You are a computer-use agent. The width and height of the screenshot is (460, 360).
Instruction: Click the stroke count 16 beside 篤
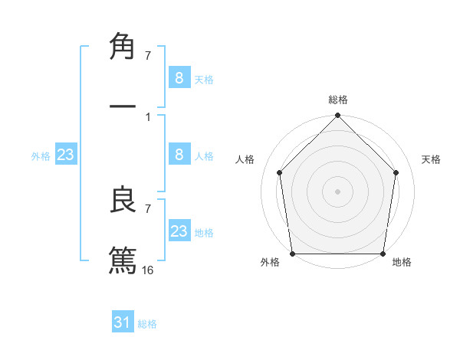(148, 270)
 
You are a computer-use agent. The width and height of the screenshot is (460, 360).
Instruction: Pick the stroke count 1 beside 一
(148, 116)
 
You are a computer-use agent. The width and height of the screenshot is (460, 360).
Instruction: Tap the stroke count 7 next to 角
(148, 55)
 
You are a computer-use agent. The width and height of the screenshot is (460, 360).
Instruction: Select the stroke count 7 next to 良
(148, 208)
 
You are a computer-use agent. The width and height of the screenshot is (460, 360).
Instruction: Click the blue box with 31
(123, 322)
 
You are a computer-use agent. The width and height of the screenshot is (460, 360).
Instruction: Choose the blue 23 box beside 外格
(66, 155)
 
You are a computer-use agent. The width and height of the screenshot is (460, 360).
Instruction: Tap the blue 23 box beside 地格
(179, 231)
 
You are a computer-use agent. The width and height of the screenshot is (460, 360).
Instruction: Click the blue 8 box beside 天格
(179, 78)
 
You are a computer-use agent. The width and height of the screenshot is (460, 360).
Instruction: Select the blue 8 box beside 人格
(179, 155)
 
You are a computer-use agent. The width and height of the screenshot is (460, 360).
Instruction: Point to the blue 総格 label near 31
(147, 324)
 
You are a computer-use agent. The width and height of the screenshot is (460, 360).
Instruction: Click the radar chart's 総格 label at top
(338, 100)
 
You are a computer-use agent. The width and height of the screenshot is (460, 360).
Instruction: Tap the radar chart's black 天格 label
(432, 159)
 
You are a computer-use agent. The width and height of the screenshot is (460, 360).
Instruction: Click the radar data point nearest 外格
(292, 254)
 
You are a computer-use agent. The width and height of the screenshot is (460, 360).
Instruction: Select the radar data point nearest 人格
(279, 172)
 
